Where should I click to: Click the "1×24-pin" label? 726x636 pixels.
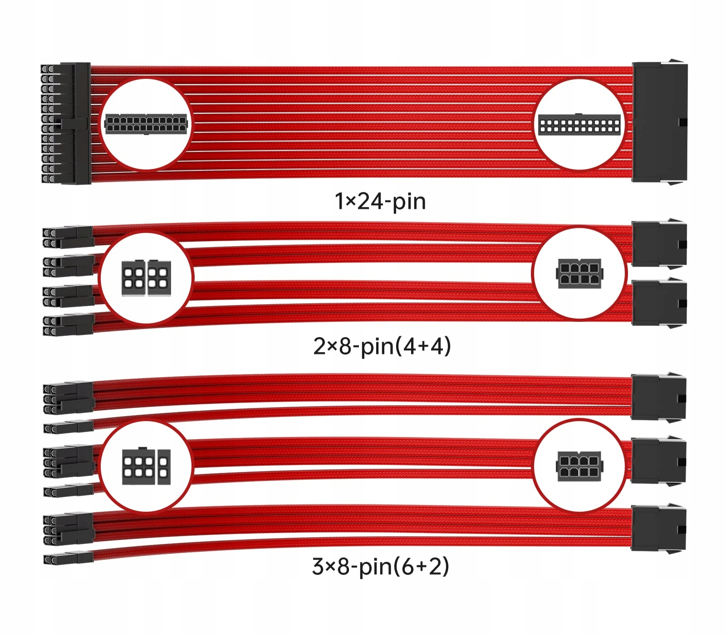coord(380,201)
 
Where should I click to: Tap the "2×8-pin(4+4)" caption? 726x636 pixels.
coord(382,346)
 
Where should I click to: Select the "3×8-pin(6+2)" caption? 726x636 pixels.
coord(380,566)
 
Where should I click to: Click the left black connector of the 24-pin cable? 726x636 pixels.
coord(66,123)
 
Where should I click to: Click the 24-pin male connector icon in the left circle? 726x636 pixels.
coord(146,124)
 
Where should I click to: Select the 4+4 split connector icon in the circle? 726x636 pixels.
coord(146,277)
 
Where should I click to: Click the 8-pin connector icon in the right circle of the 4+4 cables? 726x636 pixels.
coord(579,273)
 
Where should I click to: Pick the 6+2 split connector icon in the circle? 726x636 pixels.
coord(146,466)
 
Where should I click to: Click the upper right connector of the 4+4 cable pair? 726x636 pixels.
coord(659,244)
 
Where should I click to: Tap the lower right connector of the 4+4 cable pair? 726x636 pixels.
coord(659,303)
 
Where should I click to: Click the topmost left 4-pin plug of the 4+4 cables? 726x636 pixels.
coord(68,238)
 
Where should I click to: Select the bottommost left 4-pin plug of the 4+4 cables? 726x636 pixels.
coord(68,325)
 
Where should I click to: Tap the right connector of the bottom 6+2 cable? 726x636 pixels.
coord(658,528)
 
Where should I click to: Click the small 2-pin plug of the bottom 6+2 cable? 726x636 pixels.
coord(68,558)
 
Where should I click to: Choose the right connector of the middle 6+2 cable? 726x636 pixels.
coord(658,462)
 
